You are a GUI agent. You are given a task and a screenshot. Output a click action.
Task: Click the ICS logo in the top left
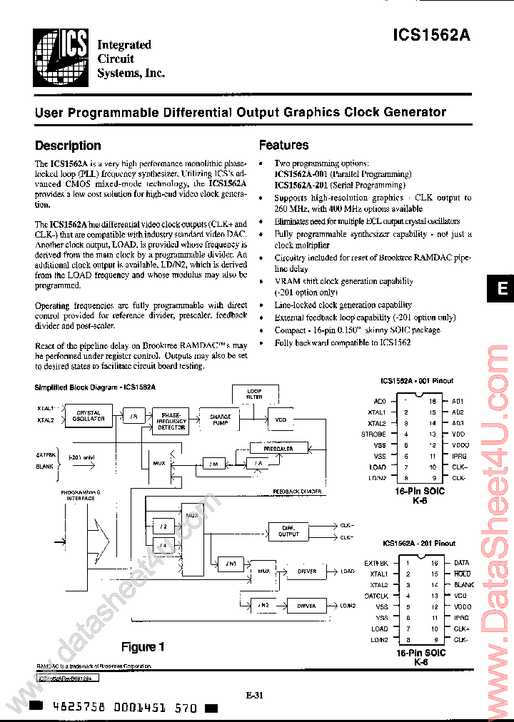point(61,55)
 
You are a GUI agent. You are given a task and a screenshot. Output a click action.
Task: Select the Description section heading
point(68,146)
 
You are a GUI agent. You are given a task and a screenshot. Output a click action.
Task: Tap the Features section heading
point(283,146)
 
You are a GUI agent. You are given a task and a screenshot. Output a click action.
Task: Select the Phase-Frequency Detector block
point(171,420)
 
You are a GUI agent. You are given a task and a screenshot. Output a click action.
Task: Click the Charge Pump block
point(221,420)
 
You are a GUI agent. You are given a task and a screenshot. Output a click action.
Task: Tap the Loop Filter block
point(254,394)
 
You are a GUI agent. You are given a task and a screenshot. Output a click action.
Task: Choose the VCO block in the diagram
point(281,420)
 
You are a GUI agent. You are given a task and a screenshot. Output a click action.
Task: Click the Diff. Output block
point(288,532)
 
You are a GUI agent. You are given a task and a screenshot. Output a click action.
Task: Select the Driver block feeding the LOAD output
point(307,571)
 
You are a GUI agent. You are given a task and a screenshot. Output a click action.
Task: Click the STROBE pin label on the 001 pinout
point(373,434)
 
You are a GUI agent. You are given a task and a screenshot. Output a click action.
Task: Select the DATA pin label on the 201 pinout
point(461,563)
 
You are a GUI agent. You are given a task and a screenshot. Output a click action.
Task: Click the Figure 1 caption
point(143,647)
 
